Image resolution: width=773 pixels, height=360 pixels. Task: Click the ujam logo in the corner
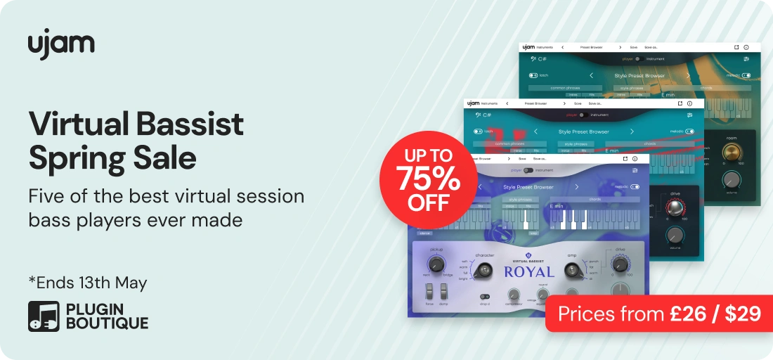pyautogui.click(x=61, y=44)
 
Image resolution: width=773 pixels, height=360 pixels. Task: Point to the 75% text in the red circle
pyautogui.click(x=427, y=180)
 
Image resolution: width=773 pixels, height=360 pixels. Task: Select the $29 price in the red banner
pyautogui.click(x=742, y=313)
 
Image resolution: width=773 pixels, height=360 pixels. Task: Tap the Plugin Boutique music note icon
pyautogui.click(x=44, y=316)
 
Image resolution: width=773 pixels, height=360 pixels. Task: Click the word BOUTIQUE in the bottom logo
pyautogui.click(x=107, y=323)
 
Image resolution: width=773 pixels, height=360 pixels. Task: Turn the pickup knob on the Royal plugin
pyautogui.click(x=436, y=264)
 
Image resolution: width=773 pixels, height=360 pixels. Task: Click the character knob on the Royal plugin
pyautogui.click(x=483, y=270)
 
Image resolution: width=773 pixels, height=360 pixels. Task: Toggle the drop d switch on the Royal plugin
pyautogui.click(x=484, y=296)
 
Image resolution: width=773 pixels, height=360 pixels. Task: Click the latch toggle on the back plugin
pyautogui.click(x=533, y=75)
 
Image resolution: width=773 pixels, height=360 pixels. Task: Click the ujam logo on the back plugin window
pyautogui.click(x=529, y=47)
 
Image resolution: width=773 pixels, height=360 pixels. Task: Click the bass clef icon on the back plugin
pyautogui.click(x=533, y=59)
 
